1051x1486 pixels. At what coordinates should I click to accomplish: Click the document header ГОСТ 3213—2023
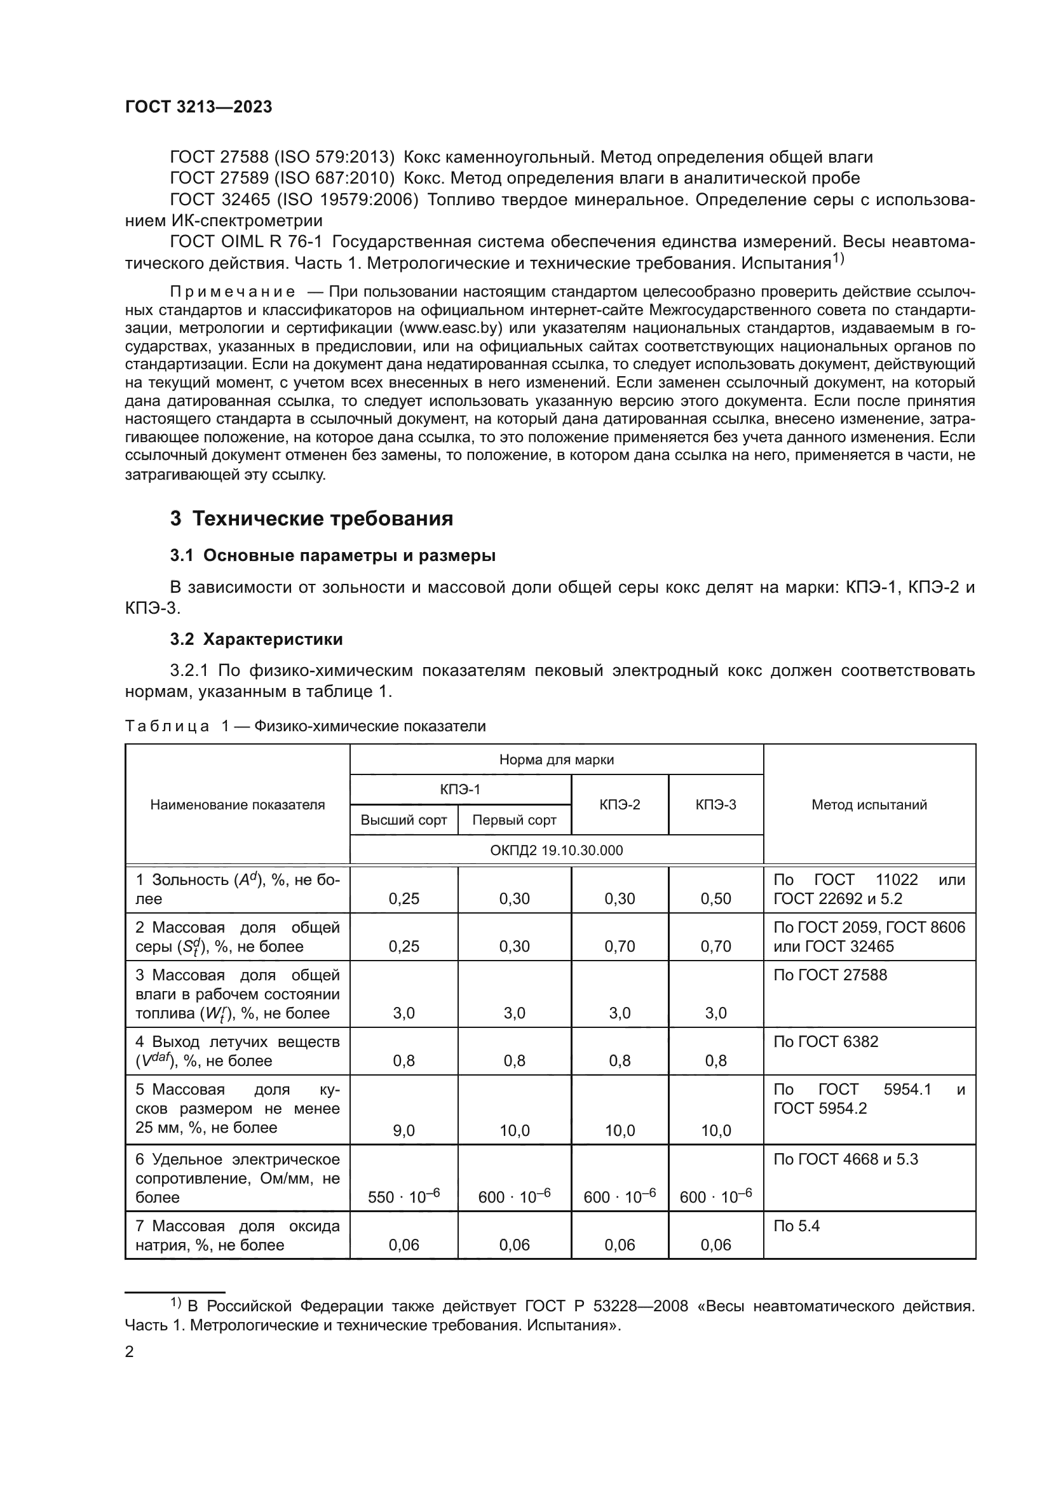click(198, 107)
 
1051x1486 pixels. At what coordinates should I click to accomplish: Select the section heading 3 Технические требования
click(311, 518)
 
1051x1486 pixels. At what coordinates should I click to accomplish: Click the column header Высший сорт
click(404, 820)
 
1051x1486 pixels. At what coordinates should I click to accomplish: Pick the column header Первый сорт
click(515, 820)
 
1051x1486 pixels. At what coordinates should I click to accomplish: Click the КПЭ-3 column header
click(715, 804)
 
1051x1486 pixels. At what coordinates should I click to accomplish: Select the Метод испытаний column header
click(869, 804)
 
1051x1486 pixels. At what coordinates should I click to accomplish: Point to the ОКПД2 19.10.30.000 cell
click(557, 850)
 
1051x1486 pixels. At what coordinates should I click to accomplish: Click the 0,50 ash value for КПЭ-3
click(715, 898)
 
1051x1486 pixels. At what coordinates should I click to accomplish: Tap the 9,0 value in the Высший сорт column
click(404, 1130)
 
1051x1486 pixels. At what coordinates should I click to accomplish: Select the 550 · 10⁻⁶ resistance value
click(404, 1197)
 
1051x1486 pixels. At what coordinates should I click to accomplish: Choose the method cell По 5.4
click(797, 1226)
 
